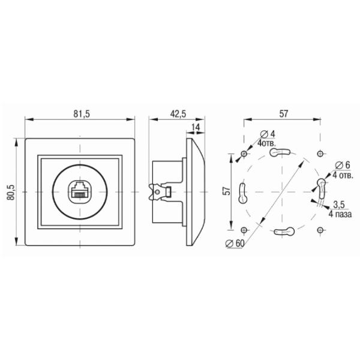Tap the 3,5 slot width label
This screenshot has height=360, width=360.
click(338, 204)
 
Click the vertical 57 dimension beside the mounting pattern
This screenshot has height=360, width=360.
click(226, 191)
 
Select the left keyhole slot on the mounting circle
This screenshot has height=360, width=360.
click(243, 192)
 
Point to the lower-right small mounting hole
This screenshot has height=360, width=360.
click(319, 230)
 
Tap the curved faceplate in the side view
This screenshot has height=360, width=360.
click(197, 192)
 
